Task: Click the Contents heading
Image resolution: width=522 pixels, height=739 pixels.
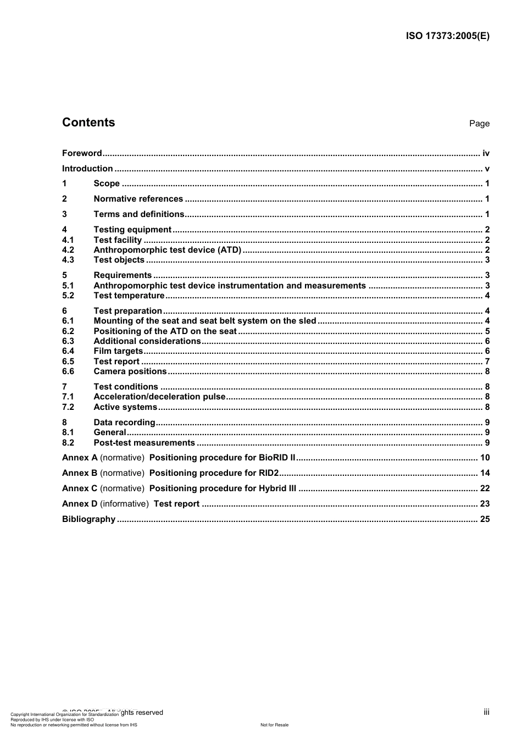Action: (x=88, y=123)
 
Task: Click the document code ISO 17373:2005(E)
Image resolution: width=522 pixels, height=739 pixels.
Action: (x=447, y=36)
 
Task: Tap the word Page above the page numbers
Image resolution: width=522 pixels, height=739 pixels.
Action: (x=479, y=124)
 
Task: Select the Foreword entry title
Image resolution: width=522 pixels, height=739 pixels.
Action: (x=82, y=153)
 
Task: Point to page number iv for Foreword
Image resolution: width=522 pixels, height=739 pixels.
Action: (x=486, y=153)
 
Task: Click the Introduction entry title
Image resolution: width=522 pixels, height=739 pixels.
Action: (x=87, y=169)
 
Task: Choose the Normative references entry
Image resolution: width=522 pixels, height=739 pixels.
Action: (x=138, y=199)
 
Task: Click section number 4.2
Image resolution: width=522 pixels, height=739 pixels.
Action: (x=68, y=250)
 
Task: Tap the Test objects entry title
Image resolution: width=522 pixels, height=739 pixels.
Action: (x=119, y=260)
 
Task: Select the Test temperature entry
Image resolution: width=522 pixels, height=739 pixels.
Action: (x=129, y=296)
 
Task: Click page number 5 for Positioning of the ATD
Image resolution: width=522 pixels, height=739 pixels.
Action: (x=487, y=331)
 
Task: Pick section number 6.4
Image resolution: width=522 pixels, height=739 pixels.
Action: (x=68, y=351)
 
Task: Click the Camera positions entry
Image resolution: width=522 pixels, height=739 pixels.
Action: (x=130, y=371)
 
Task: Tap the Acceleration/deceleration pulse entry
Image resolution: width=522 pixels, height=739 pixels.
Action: (x=159, y=397)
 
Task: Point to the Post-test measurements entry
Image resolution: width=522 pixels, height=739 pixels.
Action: (x=144, y=443)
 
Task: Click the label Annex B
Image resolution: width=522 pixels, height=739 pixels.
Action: (x=80, y=473)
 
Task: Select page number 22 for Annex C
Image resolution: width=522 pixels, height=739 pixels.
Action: (x=485, y=488)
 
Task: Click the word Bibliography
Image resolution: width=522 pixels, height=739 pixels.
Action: (x=88, y=519)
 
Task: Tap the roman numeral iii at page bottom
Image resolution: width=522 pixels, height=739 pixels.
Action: (x=486, y=712)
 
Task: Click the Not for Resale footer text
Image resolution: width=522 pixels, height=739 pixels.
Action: (x=274, y=725)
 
